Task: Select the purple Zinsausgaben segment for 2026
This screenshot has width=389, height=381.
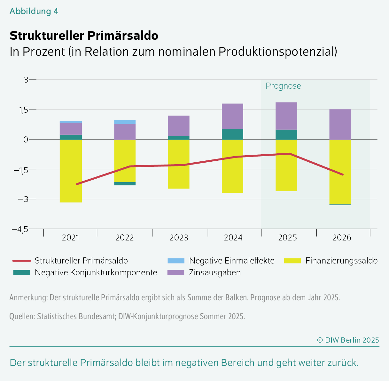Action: [x=340, y=124]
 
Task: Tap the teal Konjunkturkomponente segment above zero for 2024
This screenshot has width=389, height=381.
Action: [x=232, y=134]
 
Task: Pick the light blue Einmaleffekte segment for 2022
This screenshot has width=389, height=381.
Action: [x=125, y=122]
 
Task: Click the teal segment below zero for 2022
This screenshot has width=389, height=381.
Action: [x=125, y=184]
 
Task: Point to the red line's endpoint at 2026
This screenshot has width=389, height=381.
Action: [x=343, y=174]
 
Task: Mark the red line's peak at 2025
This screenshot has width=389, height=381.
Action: [x=289, y=154]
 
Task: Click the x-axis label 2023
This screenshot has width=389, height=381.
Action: [x=179, y=238]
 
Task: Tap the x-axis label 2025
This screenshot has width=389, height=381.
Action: [x=287, y=238]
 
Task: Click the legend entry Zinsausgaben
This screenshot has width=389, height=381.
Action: [x=214, y=273]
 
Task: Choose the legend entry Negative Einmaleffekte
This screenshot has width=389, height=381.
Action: [x=231, y=261]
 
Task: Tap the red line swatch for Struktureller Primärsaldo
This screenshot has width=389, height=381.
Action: [x=21, y=261]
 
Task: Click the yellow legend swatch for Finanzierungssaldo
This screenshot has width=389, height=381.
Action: [x=292, y=261]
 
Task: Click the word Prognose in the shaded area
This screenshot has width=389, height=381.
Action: [x=283, y=86]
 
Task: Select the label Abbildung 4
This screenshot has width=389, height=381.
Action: [x=34, y=11]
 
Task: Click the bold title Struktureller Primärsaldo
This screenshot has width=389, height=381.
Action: [x=84, y=36]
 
